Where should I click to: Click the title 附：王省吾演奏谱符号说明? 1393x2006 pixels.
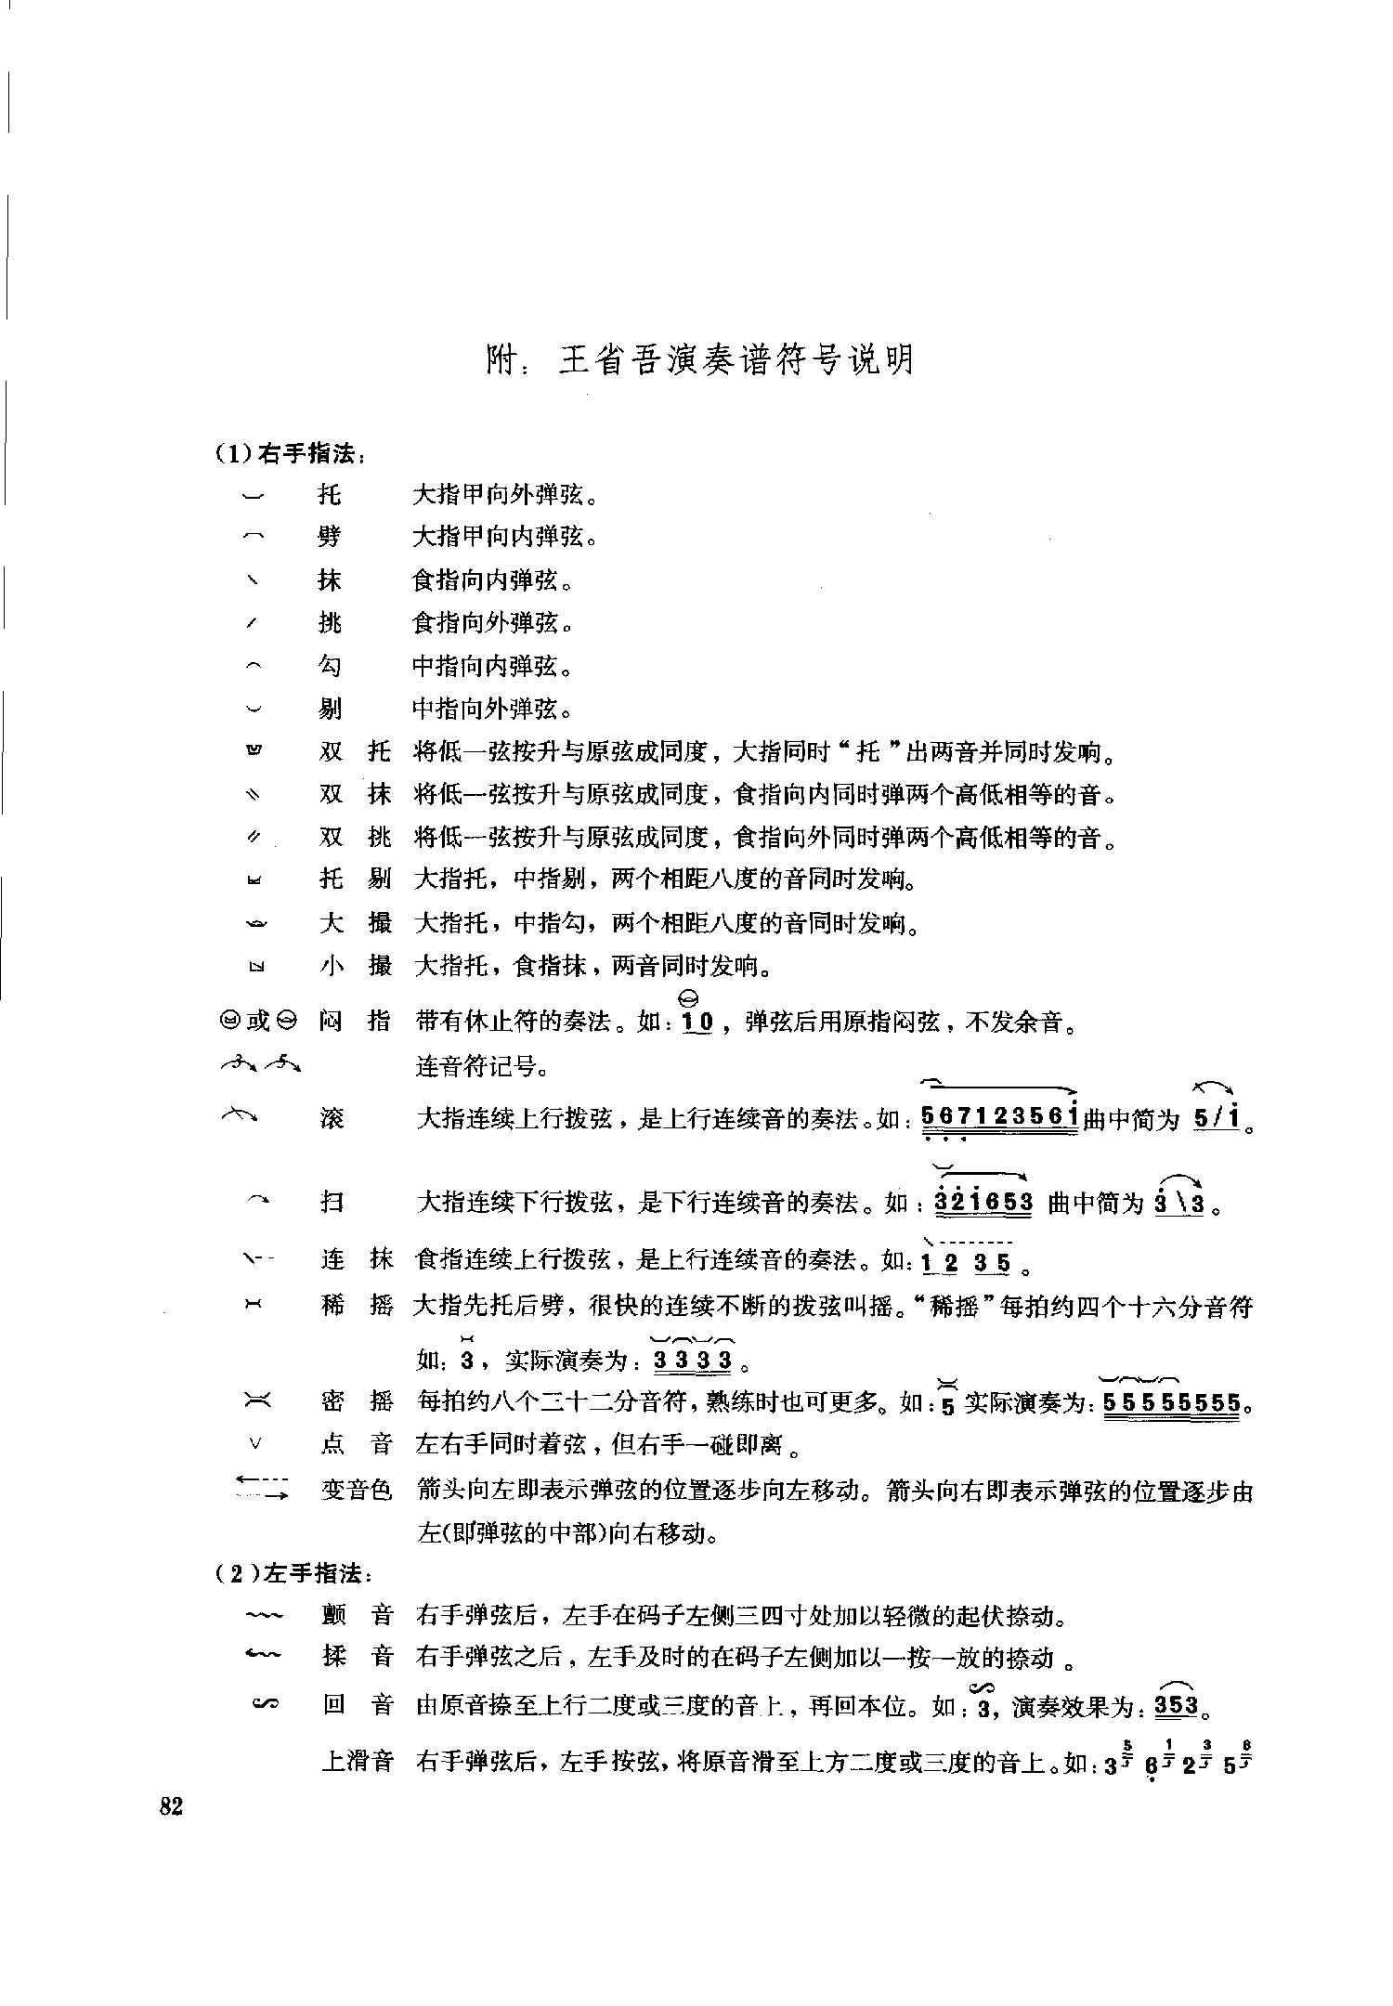coord(701,360)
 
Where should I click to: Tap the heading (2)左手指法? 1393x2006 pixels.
coord(293,1574)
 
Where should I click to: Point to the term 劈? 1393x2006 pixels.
coord(330,538)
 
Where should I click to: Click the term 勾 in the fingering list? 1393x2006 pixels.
coord(330,667)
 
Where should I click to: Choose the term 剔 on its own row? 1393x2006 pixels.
coord(330,710)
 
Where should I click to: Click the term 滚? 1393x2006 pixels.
coord(332,1118)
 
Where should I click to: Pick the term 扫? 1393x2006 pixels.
coord(332,1203)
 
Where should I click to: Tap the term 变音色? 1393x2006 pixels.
coord(358,1491)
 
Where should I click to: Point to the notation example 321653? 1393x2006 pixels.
coord(983,1203)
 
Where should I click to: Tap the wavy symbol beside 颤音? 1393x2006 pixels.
coord(261,1617)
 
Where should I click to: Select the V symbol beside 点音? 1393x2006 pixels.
coord(256,1444)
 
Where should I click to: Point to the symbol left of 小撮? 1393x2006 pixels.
coord(256,968)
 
